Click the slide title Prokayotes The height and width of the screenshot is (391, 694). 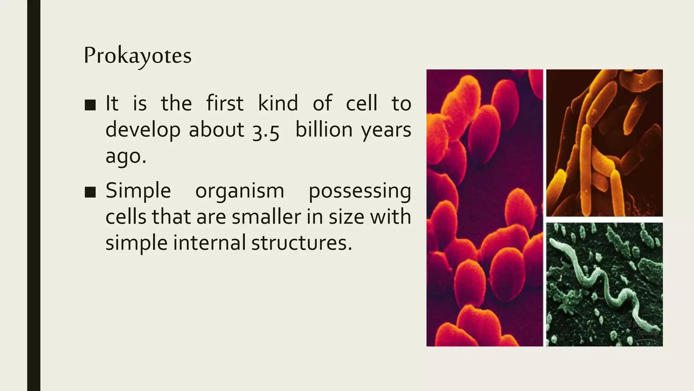(x=138, y=56)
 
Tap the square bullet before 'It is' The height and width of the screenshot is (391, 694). (x=90, y=105)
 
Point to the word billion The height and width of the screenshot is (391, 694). (x=324, y=130)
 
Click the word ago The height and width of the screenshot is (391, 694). (x=126, y=156)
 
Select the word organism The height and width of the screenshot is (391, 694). (x=240, y=191)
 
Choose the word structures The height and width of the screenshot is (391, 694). (x=302, y=243)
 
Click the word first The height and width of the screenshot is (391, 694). (x=225, y=103)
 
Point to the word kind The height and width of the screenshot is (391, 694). (x=278, y=103)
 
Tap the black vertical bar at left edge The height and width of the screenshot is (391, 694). (x=34, y=195)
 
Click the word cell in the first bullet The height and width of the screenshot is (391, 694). (x=361, y=103)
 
